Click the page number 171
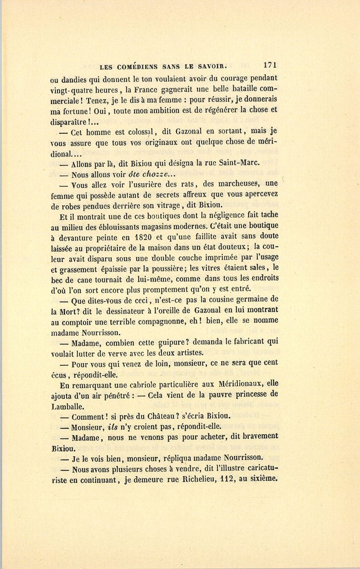pos(270,66)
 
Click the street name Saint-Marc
pos(239,162)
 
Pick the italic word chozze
pos(156,174)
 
